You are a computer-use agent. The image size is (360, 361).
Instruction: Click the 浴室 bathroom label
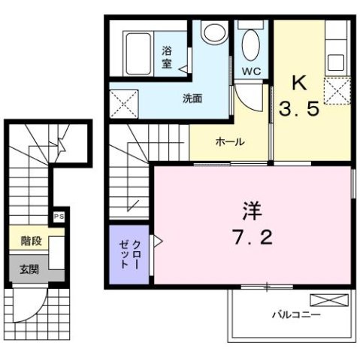(167, 57)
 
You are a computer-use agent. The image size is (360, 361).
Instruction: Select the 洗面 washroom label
(192, 98)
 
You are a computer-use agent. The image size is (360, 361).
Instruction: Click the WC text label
(251, 72)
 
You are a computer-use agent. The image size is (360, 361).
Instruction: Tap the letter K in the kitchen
(298, 81)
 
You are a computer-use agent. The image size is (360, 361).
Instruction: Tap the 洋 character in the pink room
(251, 208)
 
